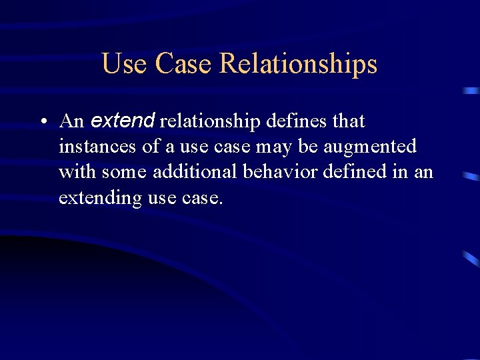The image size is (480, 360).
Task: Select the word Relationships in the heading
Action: point(298,64)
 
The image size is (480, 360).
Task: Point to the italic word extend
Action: point(123,121)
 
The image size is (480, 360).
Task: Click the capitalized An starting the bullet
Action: point(71,121)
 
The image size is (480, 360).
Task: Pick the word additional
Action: point(198,171)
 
